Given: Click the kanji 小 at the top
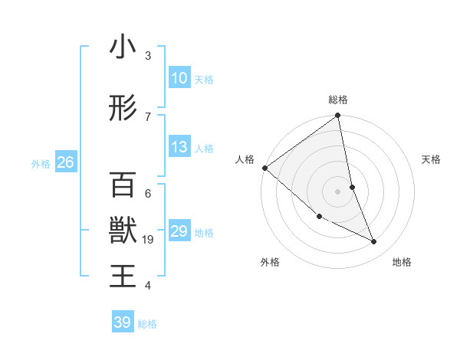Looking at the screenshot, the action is [123, 47].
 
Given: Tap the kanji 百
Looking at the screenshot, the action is [123, 185].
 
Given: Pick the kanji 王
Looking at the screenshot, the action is [123, 276].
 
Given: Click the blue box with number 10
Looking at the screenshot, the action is [179, 78].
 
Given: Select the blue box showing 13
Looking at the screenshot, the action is [179, 147].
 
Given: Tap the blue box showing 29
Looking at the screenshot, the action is [179, 231].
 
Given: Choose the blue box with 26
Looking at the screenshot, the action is [65, 162].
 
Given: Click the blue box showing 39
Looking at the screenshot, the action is [123, 322].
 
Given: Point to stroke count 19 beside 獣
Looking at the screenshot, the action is [149, 240].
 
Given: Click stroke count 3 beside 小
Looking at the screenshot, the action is [148, 56].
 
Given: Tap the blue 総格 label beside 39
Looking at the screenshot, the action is [147, 324].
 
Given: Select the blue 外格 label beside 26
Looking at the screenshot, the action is [41, 163].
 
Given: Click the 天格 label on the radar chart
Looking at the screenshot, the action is [431, 159].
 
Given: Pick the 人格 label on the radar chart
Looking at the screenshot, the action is [245, 159].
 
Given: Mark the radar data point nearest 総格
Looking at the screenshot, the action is [337, 116].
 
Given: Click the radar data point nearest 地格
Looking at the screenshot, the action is [374, 241].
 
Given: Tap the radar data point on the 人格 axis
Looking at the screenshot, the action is [264, 168].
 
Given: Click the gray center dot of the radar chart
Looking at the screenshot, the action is [337, 191].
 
